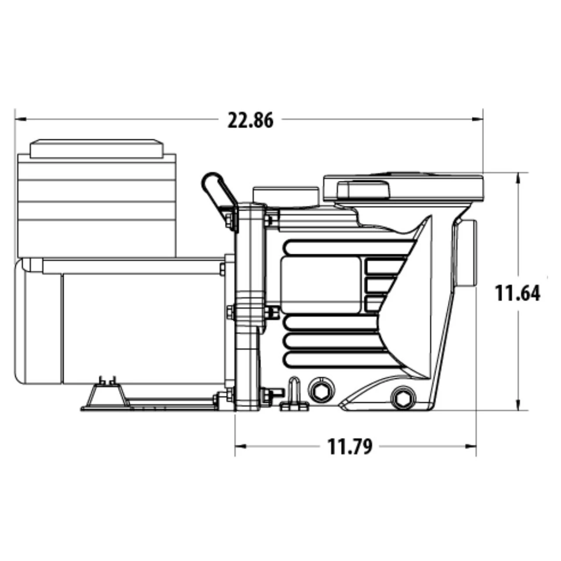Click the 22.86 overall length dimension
click(250, 120)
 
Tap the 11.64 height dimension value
click(518, 293)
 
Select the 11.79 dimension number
click(350, 447)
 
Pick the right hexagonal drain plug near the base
click(402, 398)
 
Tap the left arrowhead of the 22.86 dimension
click(19, 119)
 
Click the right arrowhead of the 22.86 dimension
click(478, 119)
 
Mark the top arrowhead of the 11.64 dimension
click(518, 178)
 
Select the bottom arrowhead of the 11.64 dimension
click(518, 406)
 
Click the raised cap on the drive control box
click(96, 149)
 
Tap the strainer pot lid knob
click(362, 189)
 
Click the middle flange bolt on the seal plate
click(272, 312)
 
